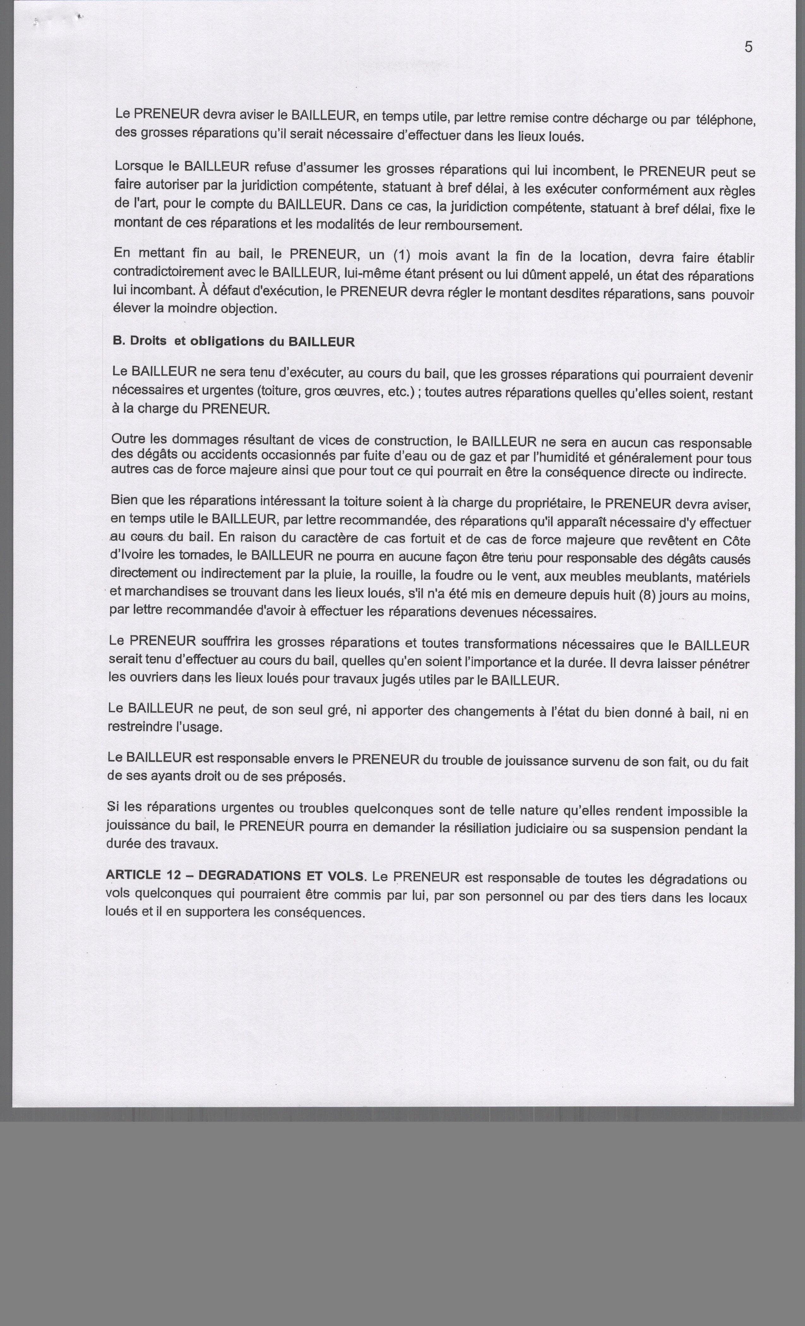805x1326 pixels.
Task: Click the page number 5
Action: tap(748, 47)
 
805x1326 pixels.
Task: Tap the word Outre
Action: tap(128, 439)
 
